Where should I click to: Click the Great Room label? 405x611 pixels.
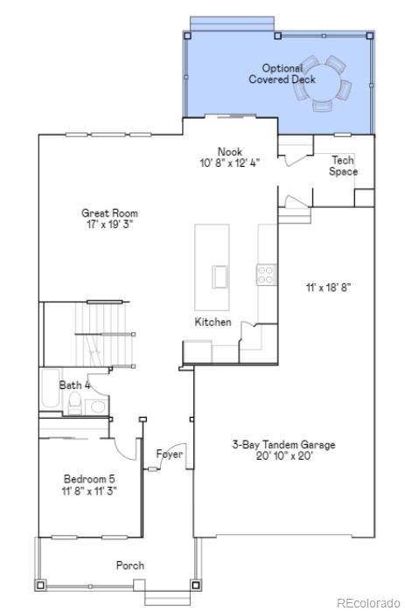coord(109,212)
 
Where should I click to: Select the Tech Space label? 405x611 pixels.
coord(343,166)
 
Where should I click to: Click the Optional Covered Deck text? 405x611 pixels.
coord(282,73)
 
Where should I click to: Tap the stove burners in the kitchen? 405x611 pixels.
coord(264,275)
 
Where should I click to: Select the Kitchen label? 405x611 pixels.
coord(213,323)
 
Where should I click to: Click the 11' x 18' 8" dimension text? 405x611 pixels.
coord(328,287)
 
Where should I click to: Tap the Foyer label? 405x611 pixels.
coord(169,455)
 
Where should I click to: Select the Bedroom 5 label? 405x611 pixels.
coord(89,479)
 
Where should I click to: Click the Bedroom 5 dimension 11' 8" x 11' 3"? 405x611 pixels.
coord(89,490)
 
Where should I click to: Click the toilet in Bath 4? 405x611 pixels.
coord(76,403)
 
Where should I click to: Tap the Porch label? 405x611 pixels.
coord(130,566)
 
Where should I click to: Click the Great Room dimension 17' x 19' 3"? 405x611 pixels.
coord(109,224)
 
